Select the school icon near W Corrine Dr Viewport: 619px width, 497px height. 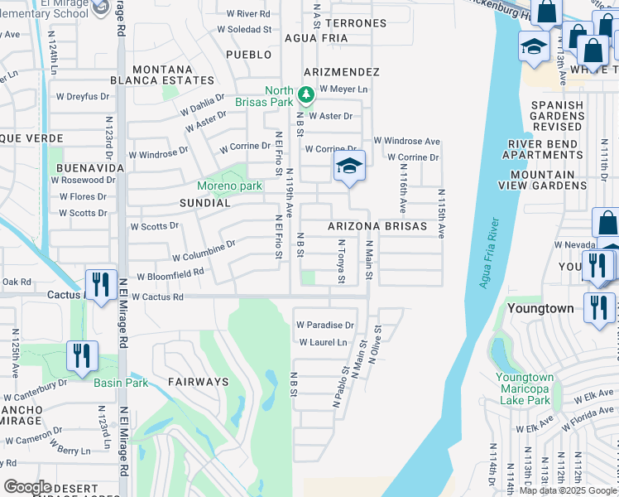point(349,167)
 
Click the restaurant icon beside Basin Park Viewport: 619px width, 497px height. point(82,356)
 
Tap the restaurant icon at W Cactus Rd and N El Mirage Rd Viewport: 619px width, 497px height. point(101,286)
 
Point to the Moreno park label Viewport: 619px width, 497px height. point(229,186)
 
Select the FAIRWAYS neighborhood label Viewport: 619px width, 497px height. point(198,382)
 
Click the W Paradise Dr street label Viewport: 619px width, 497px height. point(325,325)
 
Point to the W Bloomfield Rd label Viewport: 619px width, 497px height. point(170,275)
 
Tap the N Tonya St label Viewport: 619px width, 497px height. point(341,262)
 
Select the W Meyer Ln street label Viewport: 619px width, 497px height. point(343,89)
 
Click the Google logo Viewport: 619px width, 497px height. point(27,487)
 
